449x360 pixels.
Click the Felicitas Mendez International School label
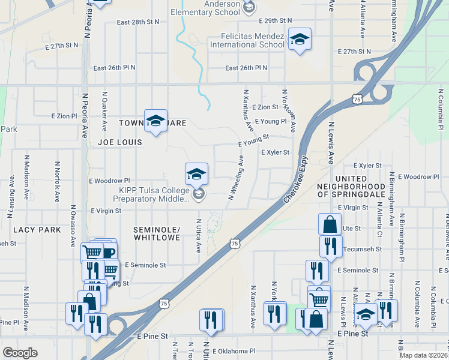[247, 40]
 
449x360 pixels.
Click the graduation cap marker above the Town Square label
[155, 121]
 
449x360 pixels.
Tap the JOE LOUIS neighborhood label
[120, 142]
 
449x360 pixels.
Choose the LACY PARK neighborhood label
[37, 230]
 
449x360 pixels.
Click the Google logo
[20, 352]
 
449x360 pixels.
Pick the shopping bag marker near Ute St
[330, 224]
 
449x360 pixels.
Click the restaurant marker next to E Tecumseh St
[330, 245]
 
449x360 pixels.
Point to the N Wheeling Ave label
[235, 178]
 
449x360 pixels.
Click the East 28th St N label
[138, 22]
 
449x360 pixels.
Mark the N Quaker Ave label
[104, 112]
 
